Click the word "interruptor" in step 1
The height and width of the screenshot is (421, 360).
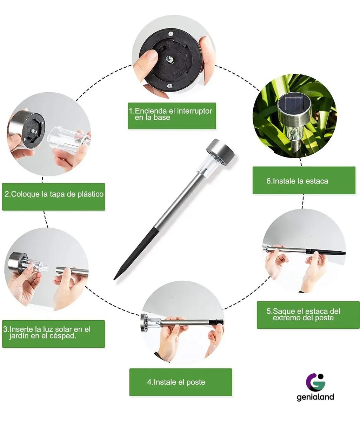[195, 111]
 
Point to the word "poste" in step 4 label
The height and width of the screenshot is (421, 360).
[195, 382]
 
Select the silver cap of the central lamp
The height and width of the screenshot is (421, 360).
[221, 151]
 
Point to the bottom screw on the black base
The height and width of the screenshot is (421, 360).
[169, 86]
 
